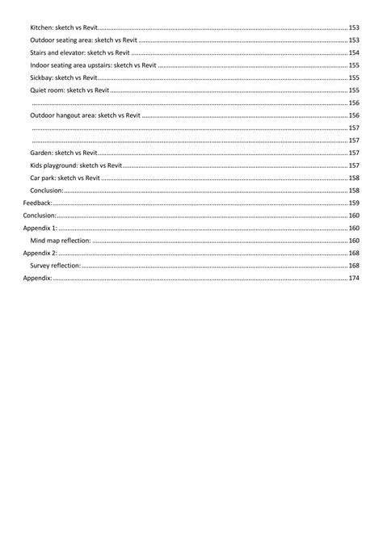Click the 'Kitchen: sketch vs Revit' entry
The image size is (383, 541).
pyautogui.click(x=64, y=27)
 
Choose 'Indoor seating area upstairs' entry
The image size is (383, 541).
pyautogui.click(x=93, y=65)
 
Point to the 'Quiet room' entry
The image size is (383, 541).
pyautogui.click(x=68, y=90)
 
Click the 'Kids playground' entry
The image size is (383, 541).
pyautogui.click(x=75, y=165)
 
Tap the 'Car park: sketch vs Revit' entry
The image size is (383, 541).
pyautogui.click(x=65, y=178)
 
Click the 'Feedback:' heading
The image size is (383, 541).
pyautogui.click(x=37, y=203)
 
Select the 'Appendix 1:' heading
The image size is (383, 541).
pyautogui.click(x=40, y=228)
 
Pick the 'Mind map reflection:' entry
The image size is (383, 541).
pyautogui.click(x=61, y=241)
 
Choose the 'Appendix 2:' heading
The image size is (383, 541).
pyautogui.click(x=40, y=253)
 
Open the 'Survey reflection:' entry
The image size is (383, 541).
pyautogui.click(x=56, y=266)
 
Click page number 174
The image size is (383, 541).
pyautogui.click(x=354, y=278)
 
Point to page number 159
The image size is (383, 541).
pyautogui.click(x=354, y=203)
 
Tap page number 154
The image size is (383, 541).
pyautogui.click(x=354, y=52)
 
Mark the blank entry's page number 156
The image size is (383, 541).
pyautogui.click(x=354, y=103)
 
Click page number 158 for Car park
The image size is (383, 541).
pyautogui.click(x=354, y=178)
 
